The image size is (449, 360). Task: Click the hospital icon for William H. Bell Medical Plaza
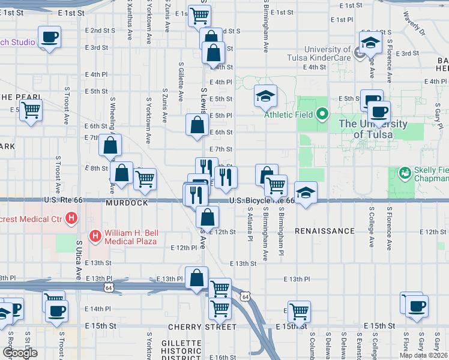point(95,236)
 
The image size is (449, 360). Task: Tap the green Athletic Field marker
point(322,113)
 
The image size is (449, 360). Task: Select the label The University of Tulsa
point(372,130)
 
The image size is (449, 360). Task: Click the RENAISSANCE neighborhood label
point(325,231)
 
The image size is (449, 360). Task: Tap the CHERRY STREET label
point(202,327)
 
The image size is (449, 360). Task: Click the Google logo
point(20,353)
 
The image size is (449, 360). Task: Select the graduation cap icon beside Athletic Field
point(265,95)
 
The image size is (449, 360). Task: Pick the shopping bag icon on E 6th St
point(197,125)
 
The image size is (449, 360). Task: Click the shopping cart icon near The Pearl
point(31,110)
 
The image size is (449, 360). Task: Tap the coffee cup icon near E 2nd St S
point(49,38)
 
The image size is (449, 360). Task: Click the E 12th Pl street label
point(183,247)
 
